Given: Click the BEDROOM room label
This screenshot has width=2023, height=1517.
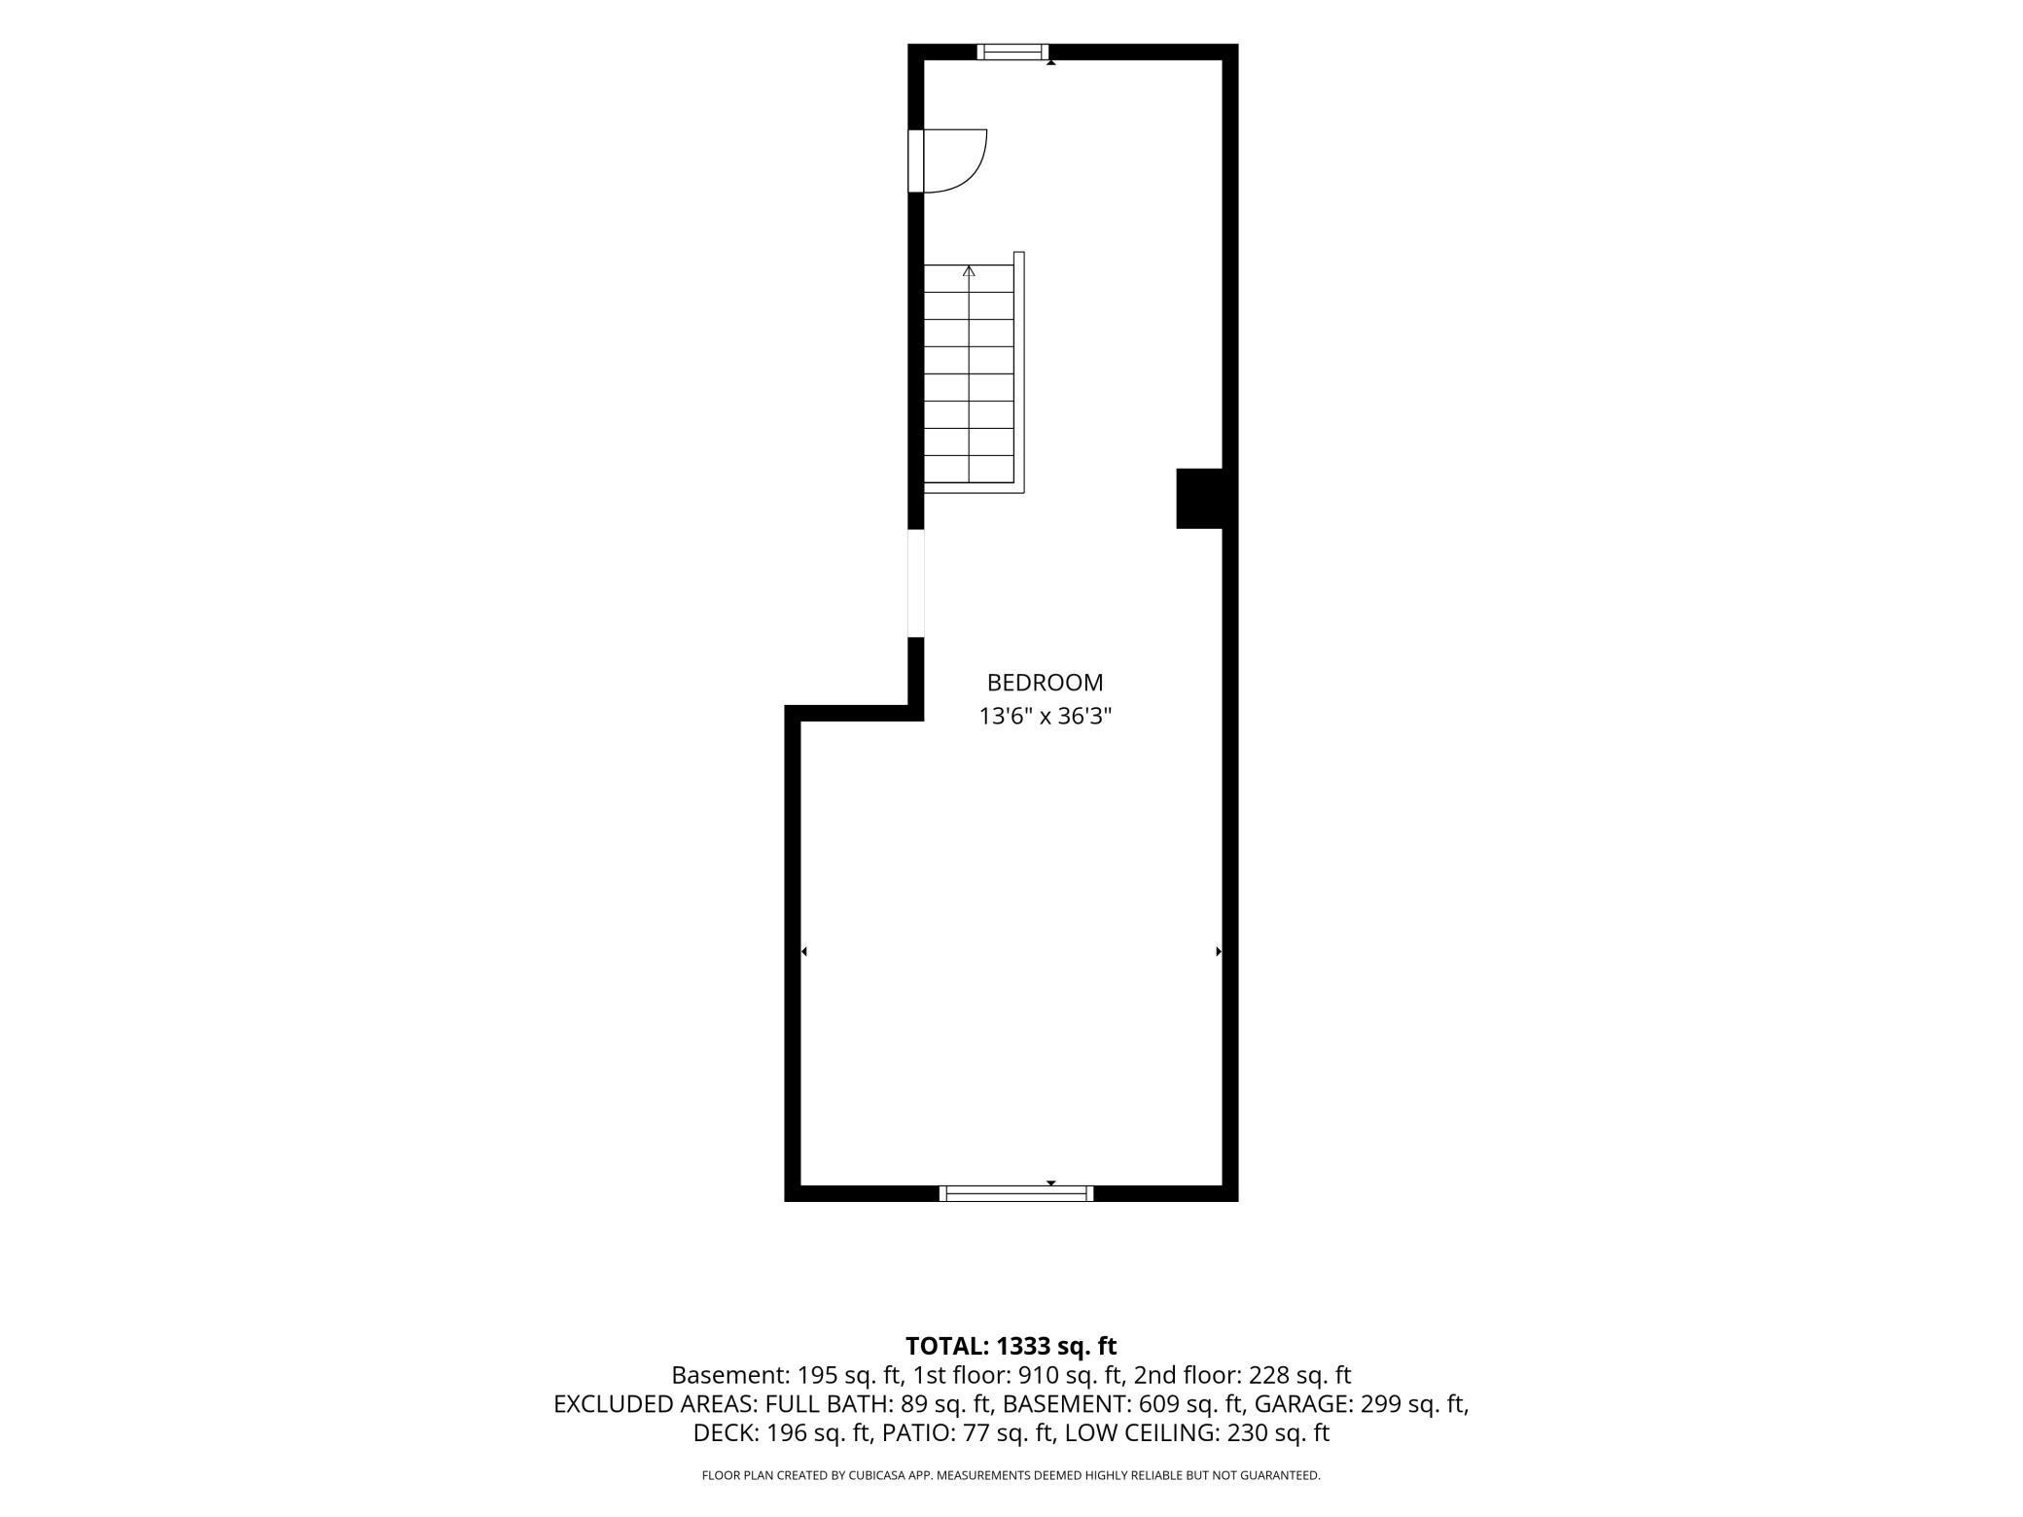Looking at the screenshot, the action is point(1045,683).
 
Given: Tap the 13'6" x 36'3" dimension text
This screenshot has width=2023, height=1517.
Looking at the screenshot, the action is point(1045,717).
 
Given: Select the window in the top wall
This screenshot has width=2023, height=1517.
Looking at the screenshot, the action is point(1012,52).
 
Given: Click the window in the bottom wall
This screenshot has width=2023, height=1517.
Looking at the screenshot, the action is point(1016,1193).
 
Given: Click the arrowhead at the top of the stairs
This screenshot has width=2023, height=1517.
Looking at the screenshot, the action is point(969,271).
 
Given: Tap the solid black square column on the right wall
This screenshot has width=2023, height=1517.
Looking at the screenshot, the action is point(1199,499).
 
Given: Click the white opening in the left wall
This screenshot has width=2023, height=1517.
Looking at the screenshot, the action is point(915,583).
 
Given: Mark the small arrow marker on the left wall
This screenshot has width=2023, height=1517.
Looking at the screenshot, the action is point(803,951).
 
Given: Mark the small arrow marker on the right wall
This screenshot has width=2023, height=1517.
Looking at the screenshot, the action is point(1219,951).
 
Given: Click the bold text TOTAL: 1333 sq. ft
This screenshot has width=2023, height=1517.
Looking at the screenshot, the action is point(1011,1346).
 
